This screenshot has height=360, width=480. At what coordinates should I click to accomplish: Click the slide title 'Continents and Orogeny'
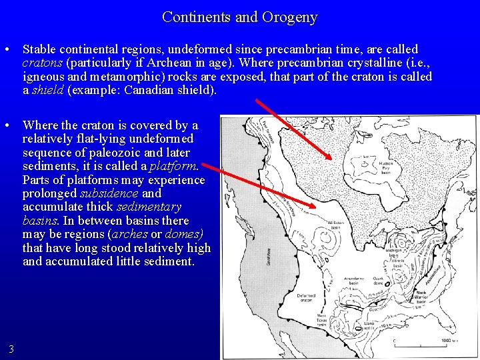240,17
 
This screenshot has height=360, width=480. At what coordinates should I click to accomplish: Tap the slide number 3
11,349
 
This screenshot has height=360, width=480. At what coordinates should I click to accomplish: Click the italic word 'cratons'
41,63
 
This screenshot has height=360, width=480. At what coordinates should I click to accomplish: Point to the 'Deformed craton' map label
306,298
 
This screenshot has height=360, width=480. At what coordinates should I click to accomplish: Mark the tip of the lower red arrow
316,207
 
